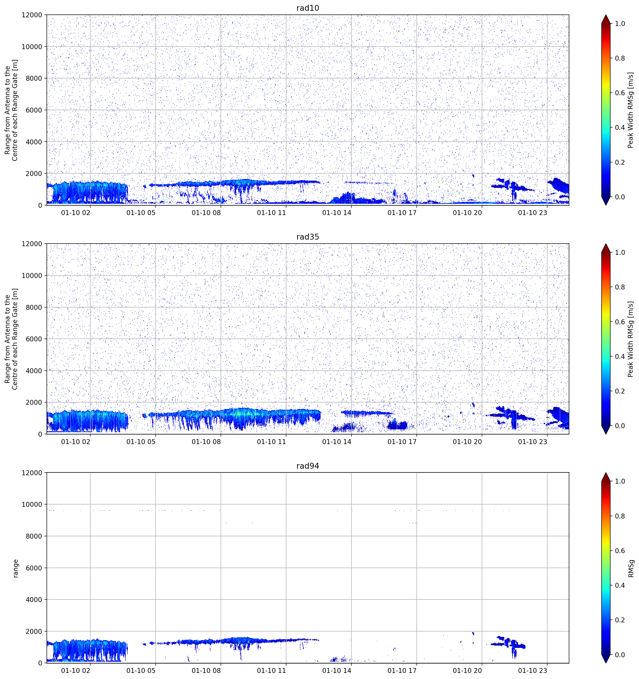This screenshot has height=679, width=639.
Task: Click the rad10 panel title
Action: coord(307,8)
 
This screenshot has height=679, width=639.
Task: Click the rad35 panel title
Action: coord(307,237)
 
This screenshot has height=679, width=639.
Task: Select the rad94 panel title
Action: coord(307,466)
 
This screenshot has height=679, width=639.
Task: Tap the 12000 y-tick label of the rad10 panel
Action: coord(32,15)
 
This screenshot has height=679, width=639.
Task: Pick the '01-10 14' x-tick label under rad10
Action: coord(336,213)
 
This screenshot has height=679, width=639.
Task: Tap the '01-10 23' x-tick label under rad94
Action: coord(533,671)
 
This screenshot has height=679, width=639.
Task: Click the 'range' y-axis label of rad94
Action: coord(15,568)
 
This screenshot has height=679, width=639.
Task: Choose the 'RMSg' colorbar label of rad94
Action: coord(631,568)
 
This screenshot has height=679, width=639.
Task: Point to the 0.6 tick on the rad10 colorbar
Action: coord(620,93)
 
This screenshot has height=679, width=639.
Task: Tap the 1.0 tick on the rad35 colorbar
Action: coord(620,252)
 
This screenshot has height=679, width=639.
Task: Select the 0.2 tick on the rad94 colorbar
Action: coord(620,620)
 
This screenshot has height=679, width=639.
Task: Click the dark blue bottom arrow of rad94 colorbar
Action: coord(606,659)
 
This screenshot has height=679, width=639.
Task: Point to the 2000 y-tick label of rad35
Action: coord(34,403)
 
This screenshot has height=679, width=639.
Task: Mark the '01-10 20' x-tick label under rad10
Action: coord(467,213)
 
